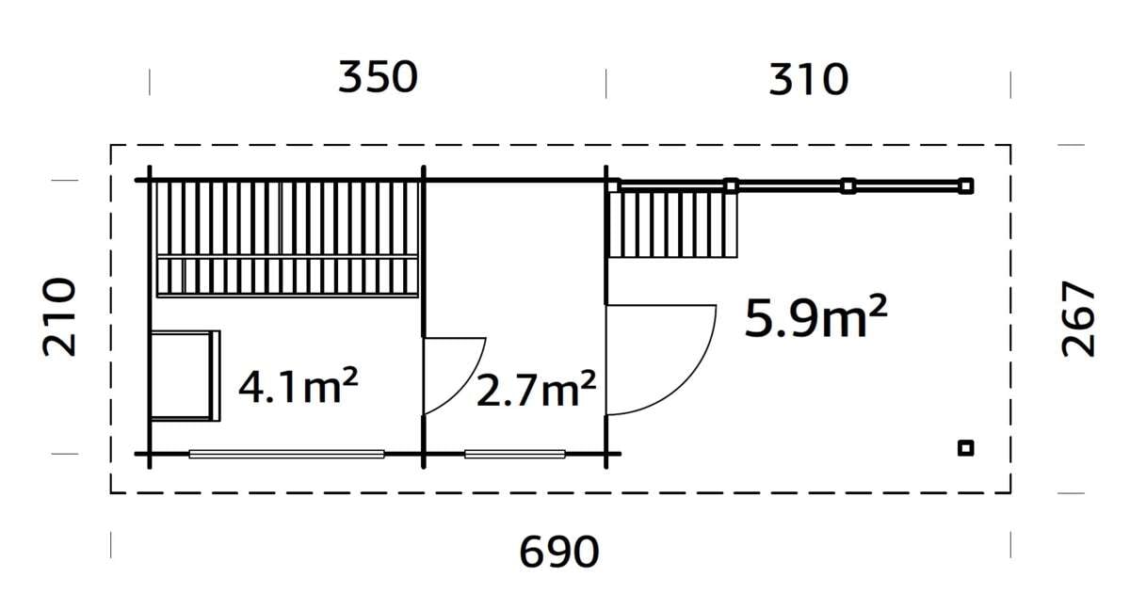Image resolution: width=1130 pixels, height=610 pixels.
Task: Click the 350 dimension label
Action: tap(378, 78)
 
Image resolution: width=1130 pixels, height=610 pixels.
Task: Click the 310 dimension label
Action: tap(808, 81)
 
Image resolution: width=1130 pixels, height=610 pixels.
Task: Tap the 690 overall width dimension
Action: tap(559, 552)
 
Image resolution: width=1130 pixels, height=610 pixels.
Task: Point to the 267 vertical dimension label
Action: tap(1079, 318)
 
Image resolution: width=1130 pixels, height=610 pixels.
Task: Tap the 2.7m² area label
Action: tap(536, 390)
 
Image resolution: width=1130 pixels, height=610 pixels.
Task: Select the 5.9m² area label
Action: tap(815, 319)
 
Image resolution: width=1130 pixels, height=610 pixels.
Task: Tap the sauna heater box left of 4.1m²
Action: tap(184, 376)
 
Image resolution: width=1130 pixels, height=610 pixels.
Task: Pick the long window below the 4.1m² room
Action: tap(286, 454)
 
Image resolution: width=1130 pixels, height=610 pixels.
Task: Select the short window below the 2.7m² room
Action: tap(514, 454)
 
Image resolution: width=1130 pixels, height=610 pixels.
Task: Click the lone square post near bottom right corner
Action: tap(965, 448)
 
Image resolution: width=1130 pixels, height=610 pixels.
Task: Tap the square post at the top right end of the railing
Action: tap(965, 185)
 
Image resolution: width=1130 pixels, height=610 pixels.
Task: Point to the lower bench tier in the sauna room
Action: tap(287, 277)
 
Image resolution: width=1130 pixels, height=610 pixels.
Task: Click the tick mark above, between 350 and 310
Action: tap(605, 83)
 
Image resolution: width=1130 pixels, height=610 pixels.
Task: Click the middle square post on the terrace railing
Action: tap(847, 185)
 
